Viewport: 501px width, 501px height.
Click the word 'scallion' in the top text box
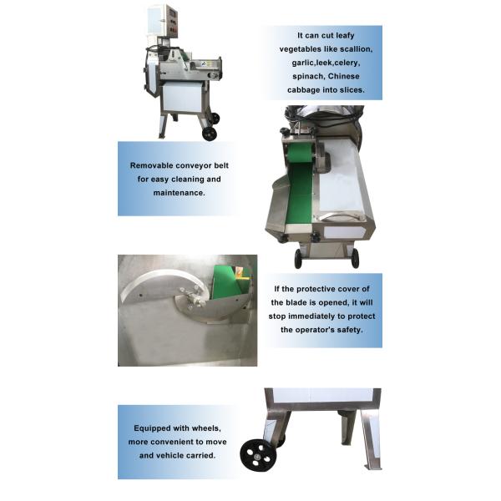click(356, 49)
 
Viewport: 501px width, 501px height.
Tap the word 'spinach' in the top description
click(306, 77)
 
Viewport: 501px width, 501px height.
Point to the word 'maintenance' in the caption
click(179, 193)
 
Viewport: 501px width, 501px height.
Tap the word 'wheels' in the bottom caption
click(205, 428)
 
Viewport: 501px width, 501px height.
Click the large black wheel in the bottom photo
click(258, 455)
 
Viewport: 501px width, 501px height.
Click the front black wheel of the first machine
click(210, 134)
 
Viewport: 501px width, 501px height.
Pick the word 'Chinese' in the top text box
click(343, 77)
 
